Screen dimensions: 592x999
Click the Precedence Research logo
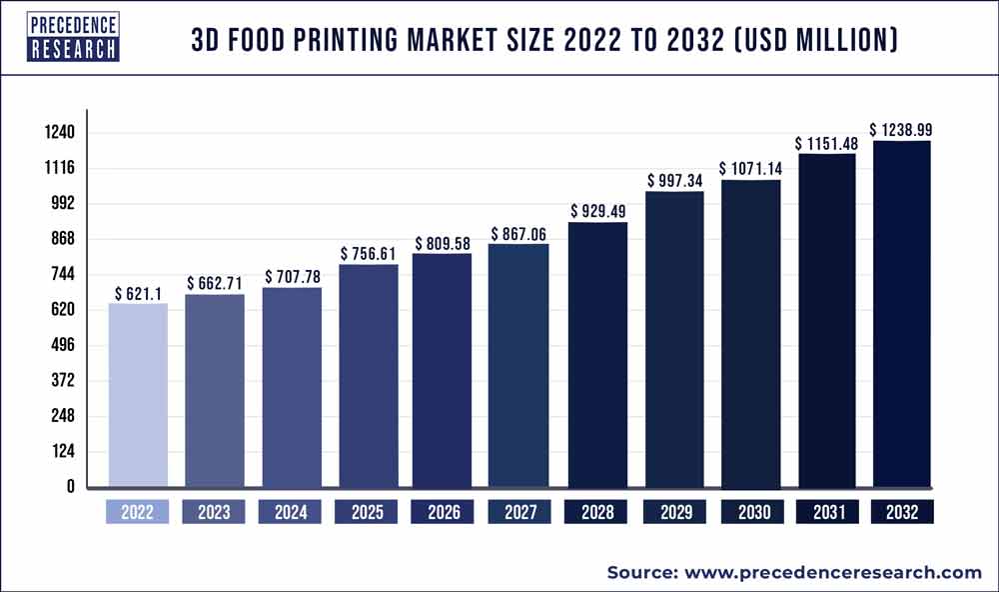click(x=74, y=37)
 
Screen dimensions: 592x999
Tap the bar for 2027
click(x=519, y=365)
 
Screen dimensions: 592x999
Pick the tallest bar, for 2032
click(x=902, y=314)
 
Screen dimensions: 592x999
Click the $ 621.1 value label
click(x=138, y=294)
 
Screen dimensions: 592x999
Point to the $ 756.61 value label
click(x=370, y=254)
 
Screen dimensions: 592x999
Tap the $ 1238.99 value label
click(x=902, y=130)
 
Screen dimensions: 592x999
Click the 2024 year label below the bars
click(x=291, y=512)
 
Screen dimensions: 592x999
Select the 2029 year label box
click(x=673, y=512)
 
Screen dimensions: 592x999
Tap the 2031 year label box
click(x=826, y=512)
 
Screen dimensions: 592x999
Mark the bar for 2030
click(x=749, y=333)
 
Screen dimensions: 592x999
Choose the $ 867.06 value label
click(x=519, y=233)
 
